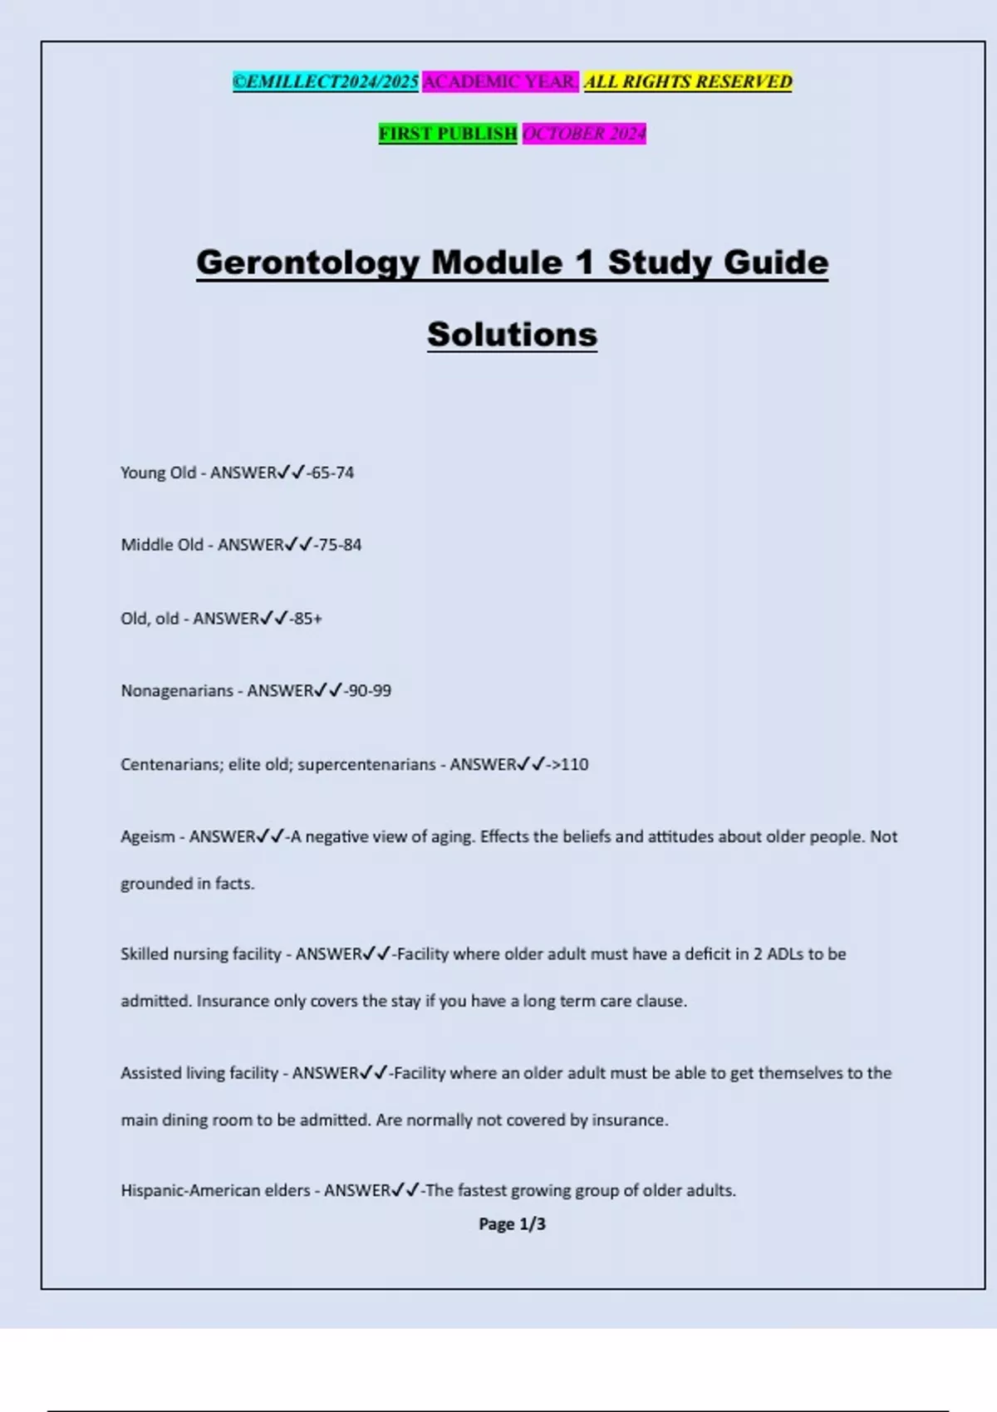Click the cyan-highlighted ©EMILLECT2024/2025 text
pos(325,81)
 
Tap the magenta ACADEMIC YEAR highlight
pos(500,81)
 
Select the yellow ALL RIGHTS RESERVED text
pos(688,81)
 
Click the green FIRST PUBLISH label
pos(448,134)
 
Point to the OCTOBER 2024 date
pos(584,134)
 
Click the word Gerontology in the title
pos(308,262)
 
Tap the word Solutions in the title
pos(512,335)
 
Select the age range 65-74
pos(332,473)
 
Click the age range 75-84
pos(340,545)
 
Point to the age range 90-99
pos(370,691)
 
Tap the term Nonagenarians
pos(177,691)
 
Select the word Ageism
pos(148,837)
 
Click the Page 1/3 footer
pos(512,1224)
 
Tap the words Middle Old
pos(162,545)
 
